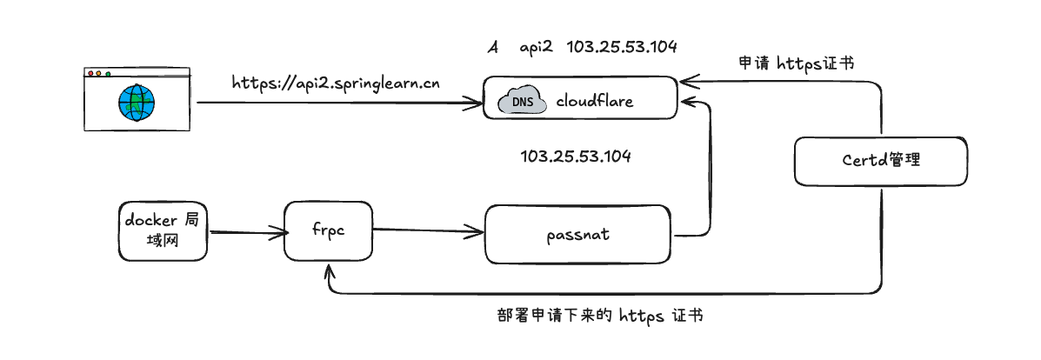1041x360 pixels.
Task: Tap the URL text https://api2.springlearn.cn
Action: coord(336,83)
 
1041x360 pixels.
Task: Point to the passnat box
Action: coord(577,234)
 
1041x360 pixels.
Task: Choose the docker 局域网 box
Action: coord(163,230)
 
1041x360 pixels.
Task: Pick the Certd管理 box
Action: coord(881,160)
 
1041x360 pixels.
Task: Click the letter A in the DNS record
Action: coord(492,47)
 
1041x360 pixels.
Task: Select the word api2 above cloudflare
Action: coord(537,47)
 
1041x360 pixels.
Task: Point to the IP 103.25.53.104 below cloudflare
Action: coord(575,157)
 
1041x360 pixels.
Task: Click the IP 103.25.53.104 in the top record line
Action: coord(621,47)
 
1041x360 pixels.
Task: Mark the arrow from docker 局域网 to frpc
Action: coord(247,232)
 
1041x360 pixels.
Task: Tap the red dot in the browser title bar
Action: coord(89,74)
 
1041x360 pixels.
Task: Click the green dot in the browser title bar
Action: coord(107,74)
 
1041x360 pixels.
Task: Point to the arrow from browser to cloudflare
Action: coord(339,103)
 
